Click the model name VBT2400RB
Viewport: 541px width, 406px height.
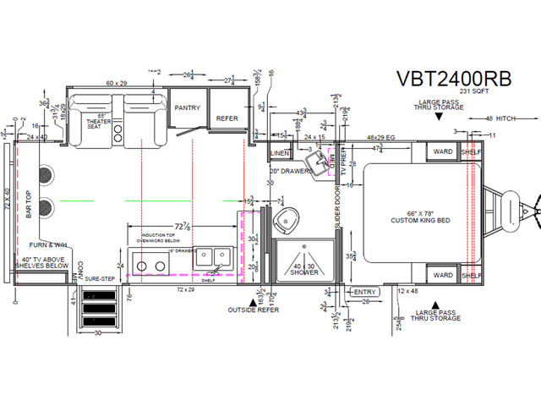click(454, 78)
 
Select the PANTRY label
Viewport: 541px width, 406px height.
click(185, 108)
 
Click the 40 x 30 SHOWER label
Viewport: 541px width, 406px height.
click(304, 269)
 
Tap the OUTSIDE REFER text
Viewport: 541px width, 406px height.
click(254, 310)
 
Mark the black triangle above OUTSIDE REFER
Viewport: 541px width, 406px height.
click(251, 300)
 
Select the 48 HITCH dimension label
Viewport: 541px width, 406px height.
click(502, 119)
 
